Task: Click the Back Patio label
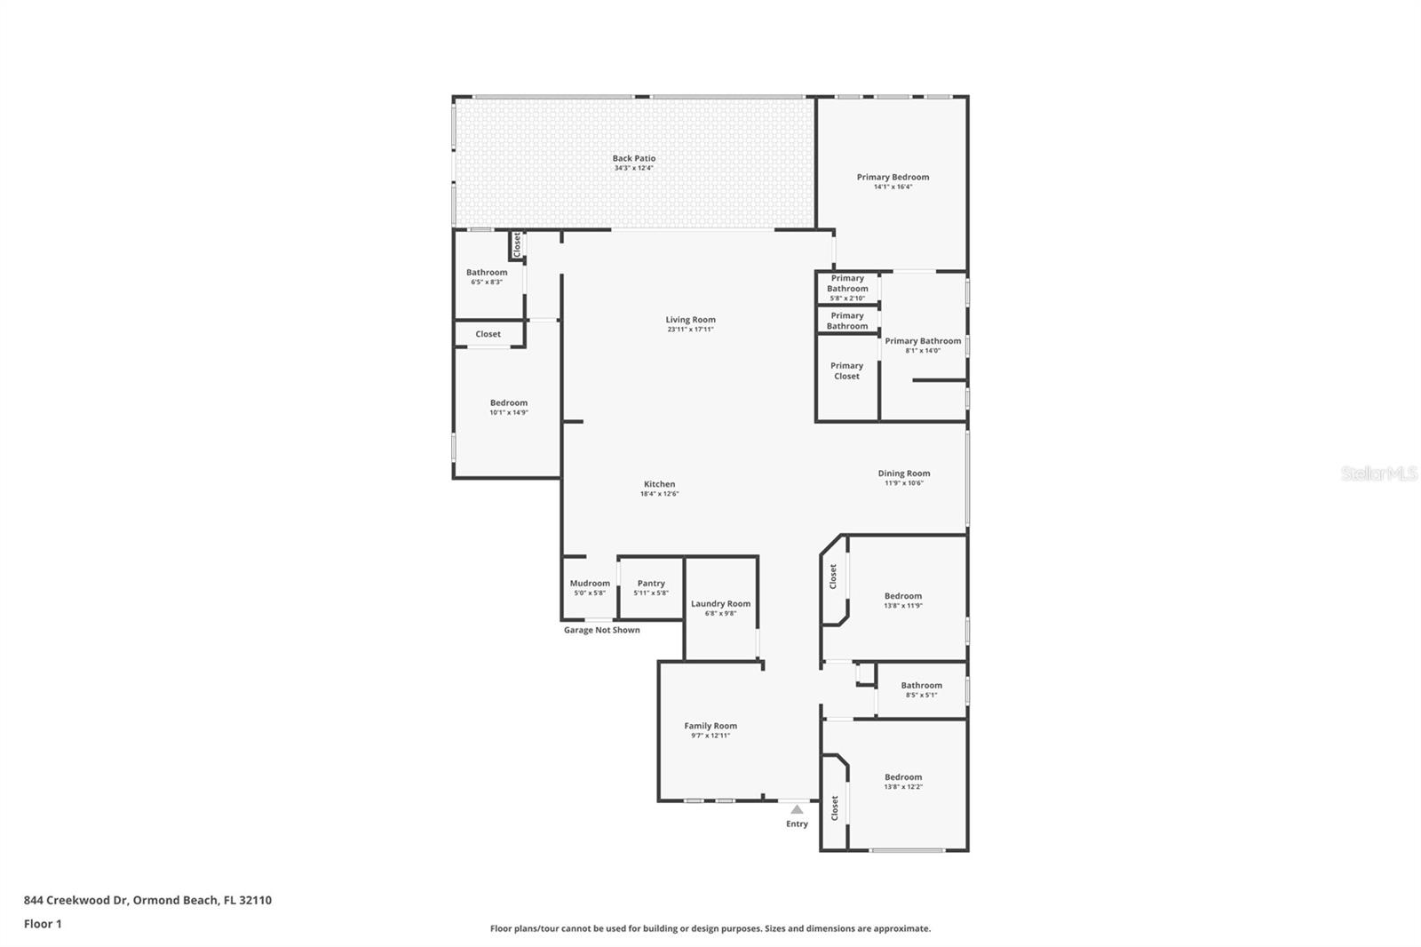(x=633, y=158)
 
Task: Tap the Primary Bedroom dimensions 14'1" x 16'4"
(x=893, y=187)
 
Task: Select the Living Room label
(x=690, y=320)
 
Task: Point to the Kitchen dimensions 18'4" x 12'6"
(x=659, y=494)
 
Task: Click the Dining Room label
(x=904, y=473)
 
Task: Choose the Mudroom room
(x=590, y=587)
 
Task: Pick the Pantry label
(x=651, y=584)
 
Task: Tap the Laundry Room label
(x=720, y=603)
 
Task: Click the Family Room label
(x=710, y=726)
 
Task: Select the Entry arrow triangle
(x=797, y=809)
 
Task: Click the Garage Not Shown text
(x=601, y=630)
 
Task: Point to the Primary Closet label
(x=846, y=370)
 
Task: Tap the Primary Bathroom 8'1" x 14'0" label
(x=923, y=341)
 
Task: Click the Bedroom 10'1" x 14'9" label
(x=509, y=402)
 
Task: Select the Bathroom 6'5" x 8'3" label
(x=487, y=273)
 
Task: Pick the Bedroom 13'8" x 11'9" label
(x=903, y=596)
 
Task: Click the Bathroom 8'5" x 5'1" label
(x=921, y=685)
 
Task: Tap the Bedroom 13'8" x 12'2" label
(x=903, y=776)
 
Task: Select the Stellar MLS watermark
(x=1378, y=474)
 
